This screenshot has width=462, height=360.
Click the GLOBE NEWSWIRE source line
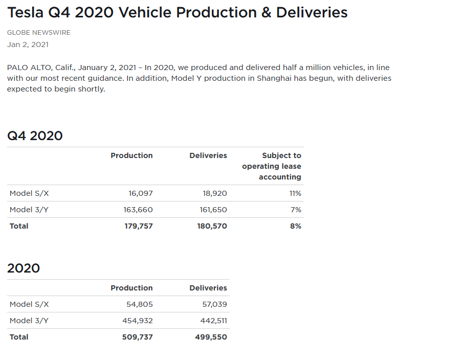tap(39, 33)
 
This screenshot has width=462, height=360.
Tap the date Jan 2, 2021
tap(28, 44)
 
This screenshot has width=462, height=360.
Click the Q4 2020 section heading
tap(35, 136)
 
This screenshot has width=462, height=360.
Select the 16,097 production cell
tap(140, 193)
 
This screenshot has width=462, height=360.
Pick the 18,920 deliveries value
tap(215, 193)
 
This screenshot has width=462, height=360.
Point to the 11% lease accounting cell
tap(295, 193)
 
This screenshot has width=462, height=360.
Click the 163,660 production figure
tap(138, 210)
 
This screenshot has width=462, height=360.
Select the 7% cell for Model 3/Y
tap(296, 210)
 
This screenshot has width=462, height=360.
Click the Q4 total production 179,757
tap(139, 226)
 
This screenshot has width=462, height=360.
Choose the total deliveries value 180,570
tap(212, 226)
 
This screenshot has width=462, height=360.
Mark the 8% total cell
tap(296, 226)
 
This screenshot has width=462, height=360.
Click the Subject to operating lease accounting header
tap(272, 166)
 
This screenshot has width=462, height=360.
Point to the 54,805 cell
tap(140, 304)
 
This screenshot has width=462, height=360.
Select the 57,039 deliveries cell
tap(215, 304)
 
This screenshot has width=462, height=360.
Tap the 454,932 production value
tap(138, 321)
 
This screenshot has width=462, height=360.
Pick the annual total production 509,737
tap(138, 337)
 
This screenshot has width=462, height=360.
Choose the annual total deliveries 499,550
tap(211, 337)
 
